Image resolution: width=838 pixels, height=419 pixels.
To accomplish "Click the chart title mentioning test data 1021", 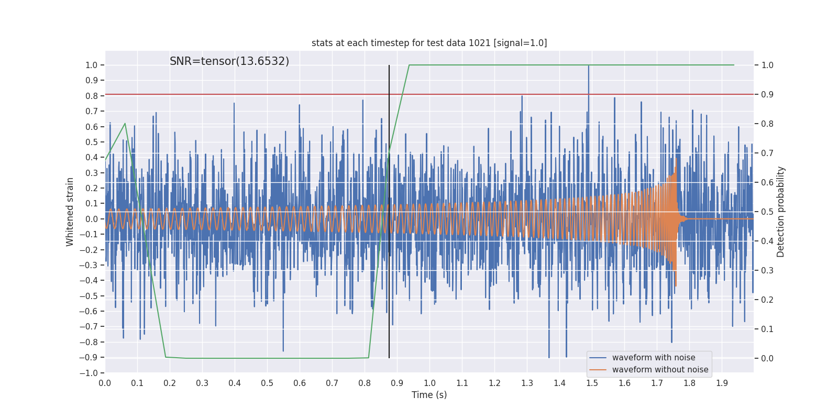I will coord(429,43).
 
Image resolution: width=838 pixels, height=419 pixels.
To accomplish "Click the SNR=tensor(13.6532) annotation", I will coord(229,61).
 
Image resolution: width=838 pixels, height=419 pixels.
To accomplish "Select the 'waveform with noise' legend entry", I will coord(653,358).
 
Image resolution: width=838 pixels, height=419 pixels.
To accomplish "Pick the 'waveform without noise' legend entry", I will coord(659,370).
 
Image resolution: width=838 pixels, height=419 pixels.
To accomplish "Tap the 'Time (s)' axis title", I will coord(429,395).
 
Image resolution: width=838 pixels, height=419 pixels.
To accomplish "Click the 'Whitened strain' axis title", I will coord(70,212).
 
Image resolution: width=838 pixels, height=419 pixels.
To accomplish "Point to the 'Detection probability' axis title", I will coord(780,212).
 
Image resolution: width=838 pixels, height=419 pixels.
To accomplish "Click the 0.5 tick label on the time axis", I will coord(267,383).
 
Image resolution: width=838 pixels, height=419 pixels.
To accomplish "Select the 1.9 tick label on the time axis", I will coord(722,383).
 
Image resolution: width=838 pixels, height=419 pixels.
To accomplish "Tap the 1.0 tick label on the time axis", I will coord(429,383).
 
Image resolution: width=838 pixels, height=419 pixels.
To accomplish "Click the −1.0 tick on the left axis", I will coord(89,373).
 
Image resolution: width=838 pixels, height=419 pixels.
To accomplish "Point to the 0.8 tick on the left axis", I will coord(92,96).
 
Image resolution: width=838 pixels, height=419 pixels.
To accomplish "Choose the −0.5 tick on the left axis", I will coord(89,296).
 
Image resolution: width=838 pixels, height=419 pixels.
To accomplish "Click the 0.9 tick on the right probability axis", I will coord(767,94).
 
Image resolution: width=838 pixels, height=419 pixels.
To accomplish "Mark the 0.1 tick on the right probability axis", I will coord(767,329).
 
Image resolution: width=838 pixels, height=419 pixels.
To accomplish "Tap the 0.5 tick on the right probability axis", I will coord(767,212).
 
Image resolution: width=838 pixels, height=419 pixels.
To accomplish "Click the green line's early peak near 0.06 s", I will coord(125,124).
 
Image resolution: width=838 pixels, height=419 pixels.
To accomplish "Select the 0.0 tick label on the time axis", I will coord(105,383).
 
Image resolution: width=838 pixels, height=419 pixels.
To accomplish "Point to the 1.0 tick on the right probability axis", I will coord(767,65).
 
